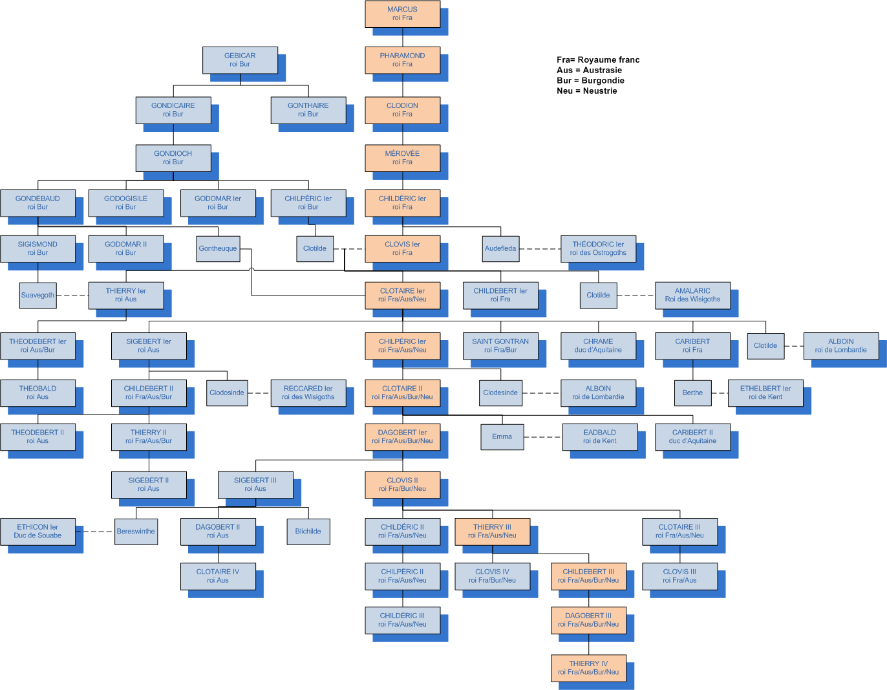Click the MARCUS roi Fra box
tap(402, 14)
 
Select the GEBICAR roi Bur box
tap(240, 59)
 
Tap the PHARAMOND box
tap(402, 59)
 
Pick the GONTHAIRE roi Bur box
tap(308, 110)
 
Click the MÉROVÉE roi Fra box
tap(402, 158)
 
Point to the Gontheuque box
tap(218, 248)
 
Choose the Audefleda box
tap(500, 248)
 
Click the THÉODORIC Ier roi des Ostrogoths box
tap(598, 248)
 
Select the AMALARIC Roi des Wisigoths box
tap(692, 295)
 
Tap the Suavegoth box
tap(37, 295)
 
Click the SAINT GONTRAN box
tap(500, 345)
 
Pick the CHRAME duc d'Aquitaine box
tap(598, 345)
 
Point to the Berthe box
tap(692, 393)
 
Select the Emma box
tap(502, 437)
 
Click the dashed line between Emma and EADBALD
tap(542, 437)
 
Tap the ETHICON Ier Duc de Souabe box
tap(37, 531)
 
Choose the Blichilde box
tap(308, 531)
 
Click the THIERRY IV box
tap(588, 667)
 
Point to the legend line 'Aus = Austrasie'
tap(589, 70)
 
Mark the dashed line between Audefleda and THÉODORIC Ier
tap(540, 249)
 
